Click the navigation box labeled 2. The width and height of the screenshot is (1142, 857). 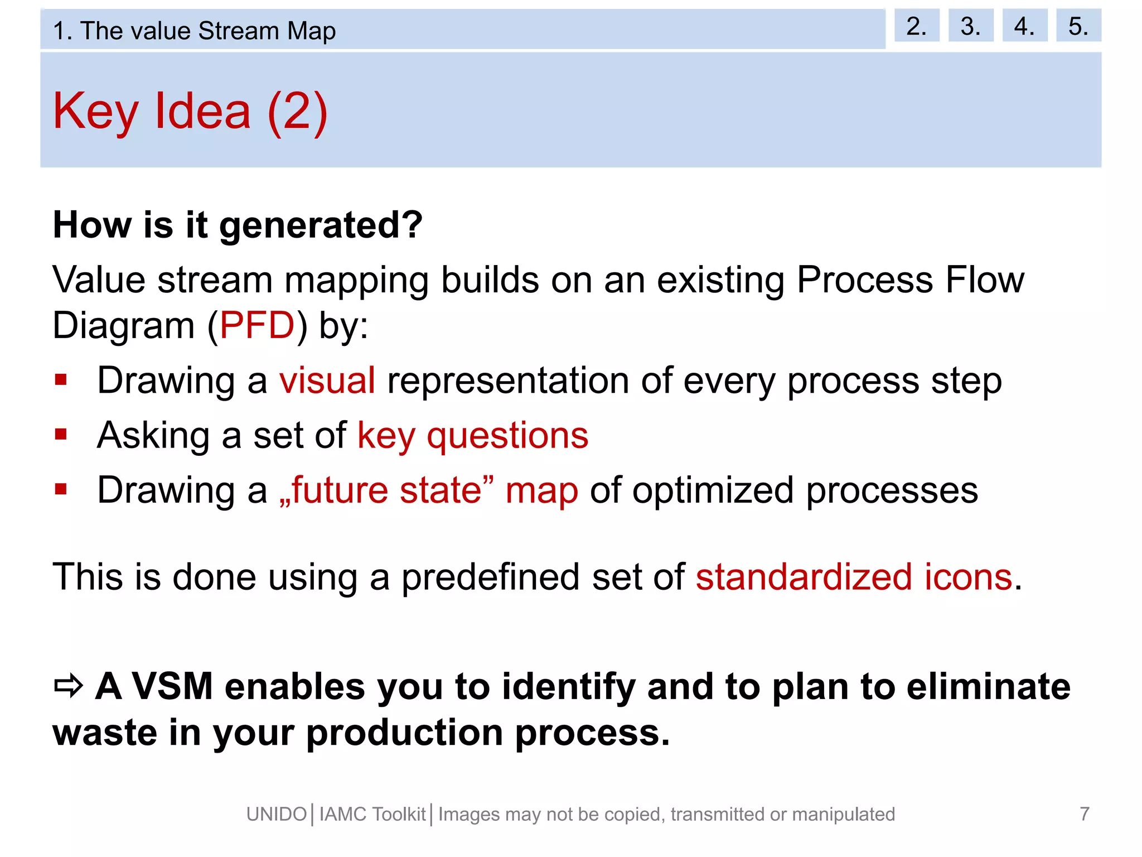click(x=916, y=26)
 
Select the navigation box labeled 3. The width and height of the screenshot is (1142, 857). click(x=970, y=26)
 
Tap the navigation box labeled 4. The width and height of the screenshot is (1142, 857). click(x=1024, y=26)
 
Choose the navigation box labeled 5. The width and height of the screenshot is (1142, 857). click(x=1078, y=26)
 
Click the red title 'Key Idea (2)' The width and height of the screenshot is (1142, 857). click(x=190, y=111)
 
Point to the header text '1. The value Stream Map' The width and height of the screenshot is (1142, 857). click(x=194, y=31)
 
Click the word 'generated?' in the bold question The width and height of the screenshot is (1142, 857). click(x=321, y=226)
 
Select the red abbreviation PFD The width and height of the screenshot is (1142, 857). click(x=257, y=325)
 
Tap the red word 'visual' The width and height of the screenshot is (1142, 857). click(x=327, y=381)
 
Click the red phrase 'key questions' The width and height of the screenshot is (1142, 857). click(x=473, y=435)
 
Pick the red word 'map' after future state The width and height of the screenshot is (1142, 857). click(x=541, y=491)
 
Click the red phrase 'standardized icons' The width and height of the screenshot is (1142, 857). click(x=854, y=577)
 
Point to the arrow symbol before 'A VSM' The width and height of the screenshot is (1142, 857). click(x=69, y=686)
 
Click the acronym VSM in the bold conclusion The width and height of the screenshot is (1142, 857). click(x=172, y=686)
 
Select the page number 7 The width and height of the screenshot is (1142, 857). click(x=1084, y=814)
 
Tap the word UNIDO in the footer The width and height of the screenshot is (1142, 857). click(x=277, y=815)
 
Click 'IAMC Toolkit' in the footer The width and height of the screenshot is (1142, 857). click(x=372, y=815)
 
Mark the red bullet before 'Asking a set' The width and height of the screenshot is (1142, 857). click(x=61, y=434)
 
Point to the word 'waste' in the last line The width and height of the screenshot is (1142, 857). click(x=104, y=733)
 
